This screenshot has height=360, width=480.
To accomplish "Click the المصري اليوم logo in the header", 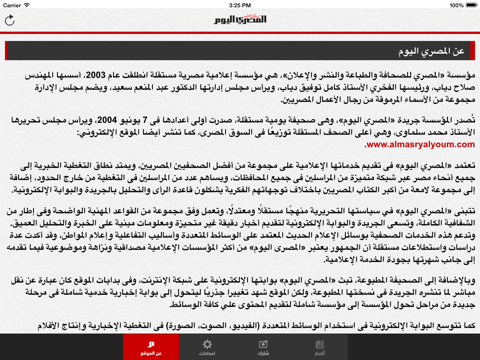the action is click(x=239, y=20).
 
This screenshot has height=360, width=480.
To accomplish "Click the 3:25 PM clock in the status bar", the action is click(x=240, y=4).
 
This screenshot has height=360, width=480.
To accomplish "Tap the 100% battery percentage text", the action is click(x=445, y=4).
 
